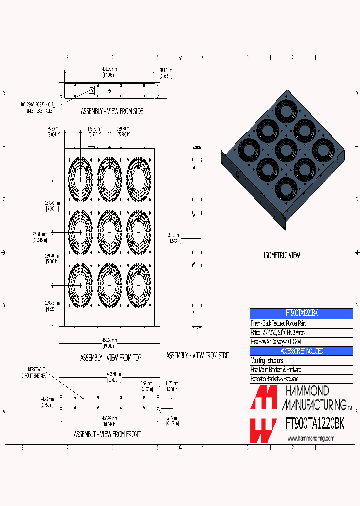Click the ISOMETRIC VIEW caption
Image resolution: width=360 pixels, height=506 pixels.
click(282, 255)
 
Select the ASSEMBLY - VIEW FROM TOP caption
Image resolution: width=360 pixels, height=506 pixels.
click(111, 358)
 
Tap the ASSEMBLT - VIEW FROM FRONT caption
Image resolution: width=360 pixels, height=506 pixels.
click(107, 434)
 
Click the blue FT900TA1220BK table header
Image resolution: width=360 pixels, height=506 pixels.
click(301, 313)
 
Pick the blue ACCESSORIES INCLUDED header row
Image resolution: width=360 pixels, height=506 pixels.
click(301, 351)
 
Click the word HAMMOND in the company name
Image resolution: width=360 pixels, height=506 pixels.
click(307, 391)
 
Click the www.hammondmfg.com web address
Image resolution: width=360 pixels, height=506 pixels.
click(310, 438)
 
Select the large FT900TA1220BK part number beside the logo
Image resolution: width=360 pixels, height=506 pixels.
click(314, 424)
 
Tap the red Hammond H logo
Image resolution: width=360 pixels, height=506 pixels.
click(263, 414)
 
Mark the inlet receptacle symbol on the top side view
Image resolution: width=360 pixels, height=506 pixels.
click(91, 90)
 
